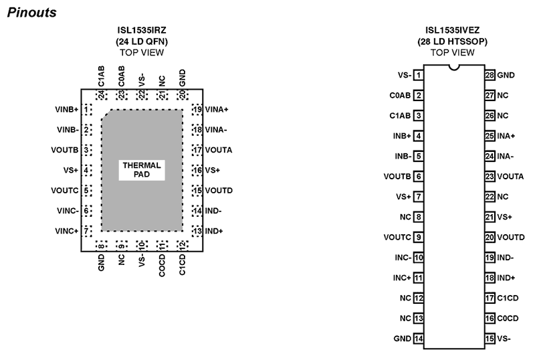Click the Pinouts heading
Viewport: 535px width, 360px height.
[31, 13]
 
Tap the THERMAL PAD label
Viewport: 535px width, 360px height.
[142, 170]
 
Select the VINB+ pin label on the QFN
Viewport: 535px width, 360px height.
[67, 110]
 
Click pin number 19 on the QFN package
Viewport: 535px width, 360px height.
[197, 110]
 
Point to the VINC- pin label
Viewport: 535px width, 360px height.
[68, 211]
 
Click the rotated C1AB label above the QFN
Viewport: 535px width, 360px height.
[101, 76]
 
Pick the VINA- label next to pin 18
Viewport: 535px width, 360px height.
[216, 130]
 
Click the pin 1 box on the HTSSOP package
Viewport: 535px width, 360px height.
[419, 75]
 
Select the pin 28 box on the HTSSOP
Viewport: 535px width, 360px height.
[490, 75]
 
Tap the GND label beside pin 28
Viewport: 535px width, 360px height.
[506, 75]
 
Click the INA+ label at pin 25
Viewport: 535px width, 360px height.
[506, 136]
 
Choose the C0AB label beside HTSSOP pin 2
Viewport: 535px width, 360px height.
[400, 95]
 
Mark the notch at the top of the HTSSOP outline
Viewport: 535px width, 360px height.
[454, 68]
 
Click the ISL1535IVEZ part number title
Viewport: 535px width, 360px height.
[453, 30]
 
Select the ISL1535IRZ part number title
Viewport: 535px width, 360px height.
[142, 30]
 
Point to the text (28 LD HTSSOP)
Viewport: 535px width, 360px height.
[453, 41]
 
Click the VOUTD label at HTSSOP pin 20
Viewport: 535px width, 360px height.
[511, 238]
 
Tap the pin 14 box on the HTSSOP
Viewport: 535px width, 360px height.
[419, 339]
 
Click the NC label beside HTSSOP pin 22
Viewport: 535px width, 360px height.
[503, 197]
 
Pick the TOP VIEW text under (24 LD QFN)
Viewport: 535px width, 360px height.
[142, 53]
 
